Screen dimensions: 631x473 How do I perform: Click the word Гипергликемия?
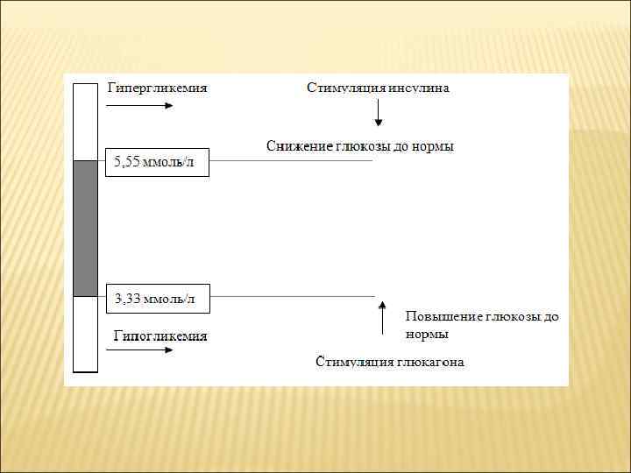click(x=157, y=88)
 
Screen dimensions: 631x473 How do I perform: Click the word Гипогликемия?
click(x=160, y=335)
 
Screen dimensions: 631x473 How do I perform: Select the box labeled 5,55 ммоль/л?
click(x=158, y=162)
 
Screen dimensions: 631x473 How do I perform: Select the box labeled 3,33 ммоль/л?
click(x=158, y=299)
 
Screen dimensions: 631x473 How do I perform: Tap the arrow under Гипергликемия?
click(x=139, y=106)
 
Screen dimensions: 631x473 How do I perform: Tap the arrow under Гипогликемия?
click(x=139, y=350)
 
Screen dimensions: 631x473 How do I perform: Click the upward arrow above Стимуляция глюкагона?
click(x=382, y=318)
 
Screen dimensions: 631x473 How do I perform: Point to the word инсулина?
click(x=420, y=88)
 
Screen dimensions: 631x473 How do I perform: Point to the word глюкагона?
click(x=430, y=362)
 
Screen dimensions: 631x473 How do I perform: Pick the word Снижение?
click(x=294, y=146)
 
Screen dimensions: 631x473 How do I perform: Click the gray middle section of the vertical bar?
click(x=85, y=228)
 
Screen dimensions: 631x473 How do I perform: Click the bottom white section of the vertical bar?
click(x=85, y=334)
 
